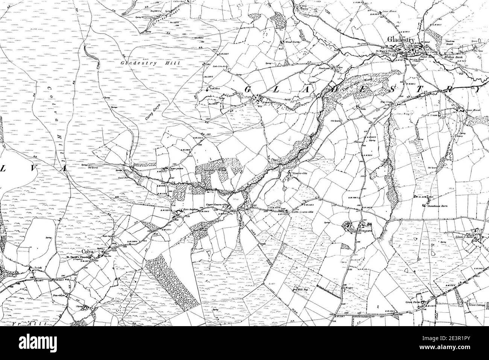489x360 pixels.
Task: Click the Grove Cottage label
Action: (475, 305)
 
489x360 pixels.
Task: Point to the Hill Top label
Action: (298, 289)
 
